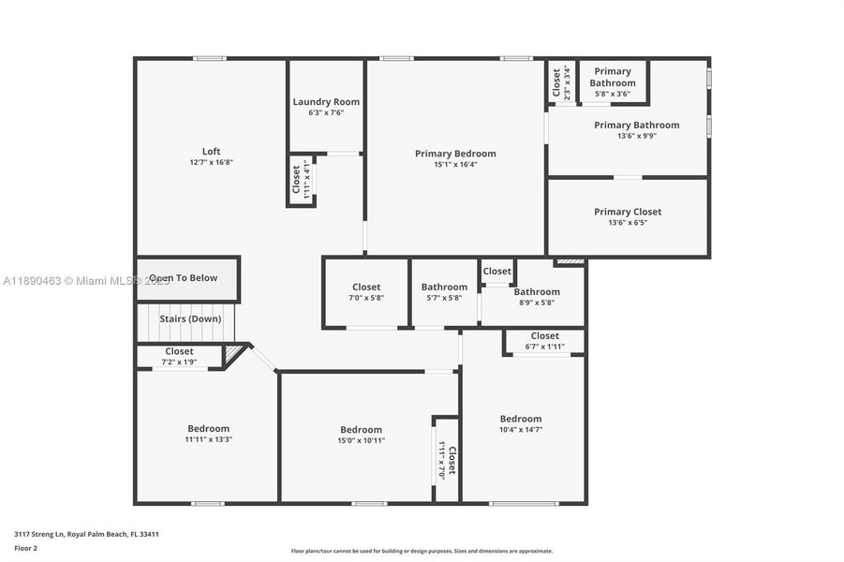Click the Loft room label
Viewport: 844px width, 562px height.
point(212,151)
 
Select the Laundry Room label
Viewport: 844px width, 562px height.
point(326,102)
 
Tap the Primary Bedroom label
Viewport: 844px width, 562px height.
point(455,154)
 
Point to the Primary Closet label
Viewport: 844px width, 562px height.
point(628,212)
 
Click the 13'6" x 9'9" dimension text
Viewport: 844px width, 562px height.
point(636,136)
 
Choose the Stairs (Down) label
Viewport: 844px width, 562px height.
point(190,318)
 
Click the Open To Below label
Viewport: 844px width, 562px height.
point(184,278)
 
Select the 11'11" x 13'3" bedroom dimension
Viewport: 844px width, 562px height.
point(208,439)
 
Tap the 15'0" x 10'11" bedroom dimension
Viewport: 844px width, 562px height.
point(361,440)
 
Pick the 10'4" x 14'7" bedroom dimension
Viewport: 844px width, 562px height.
point(520,429)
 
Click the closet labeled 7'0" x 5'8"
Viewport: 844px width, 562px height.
point(366,298)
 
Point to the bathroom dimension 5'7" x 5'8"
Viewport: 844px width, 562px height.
point(444,298)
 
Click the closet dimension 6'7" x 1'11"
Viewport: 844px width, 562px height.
point(544,347)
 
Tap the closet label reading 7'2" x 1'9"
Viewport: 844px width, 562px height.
point(179,362)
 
